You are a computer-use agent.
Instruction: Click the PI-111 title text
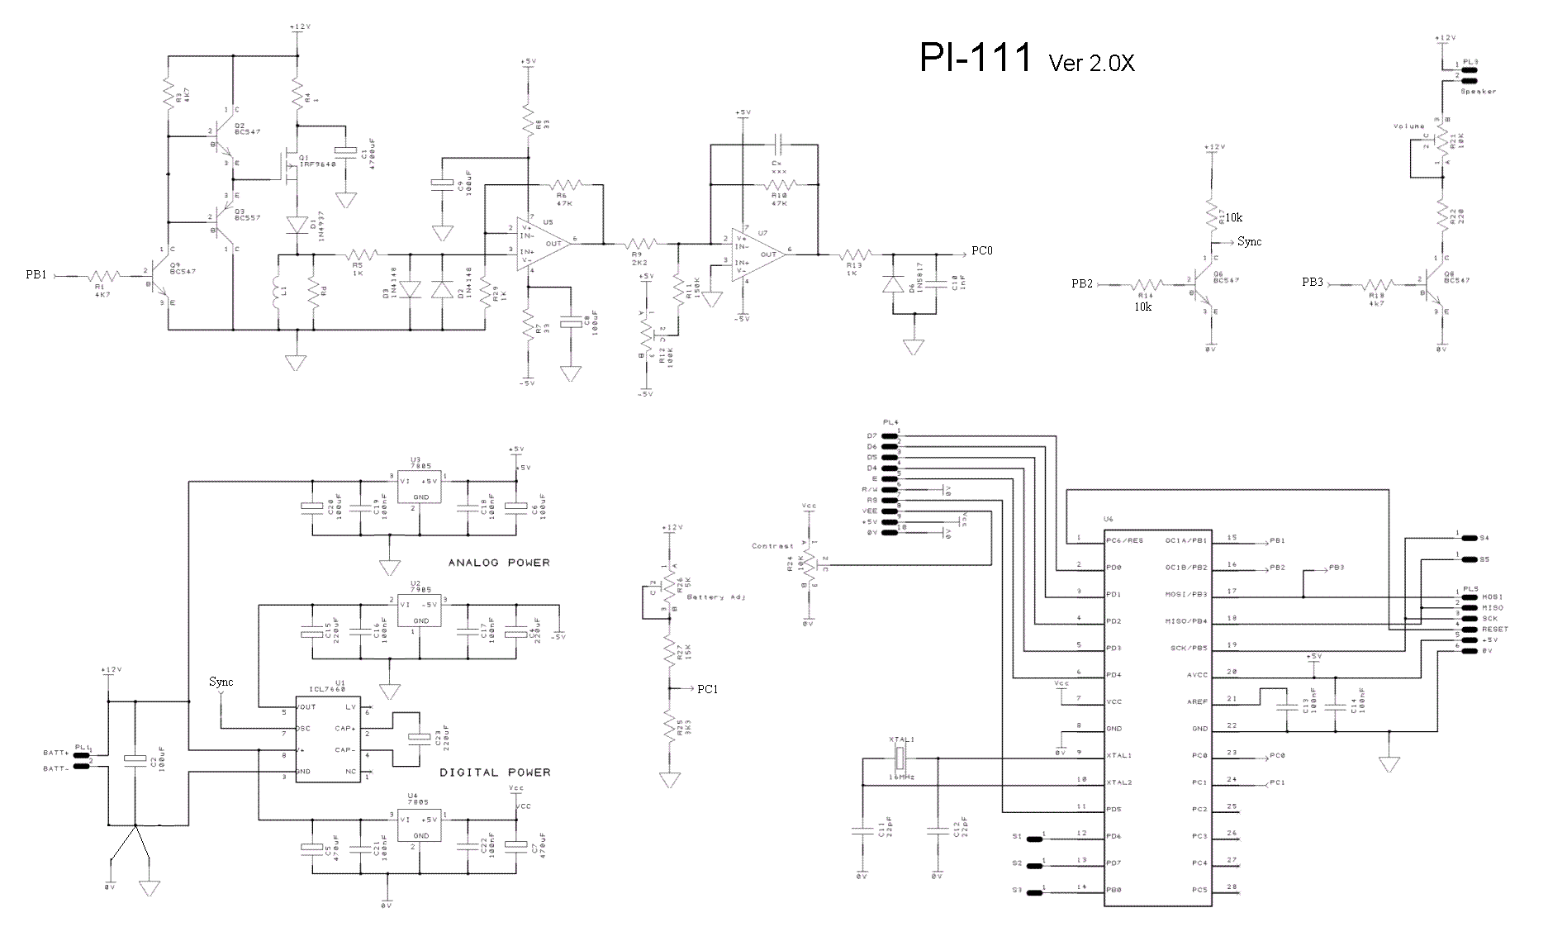point(976,58)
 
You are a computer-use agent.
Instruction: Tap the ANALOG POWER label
point(498,563)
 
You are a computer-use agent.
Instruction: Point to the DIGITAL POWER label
point(494,772)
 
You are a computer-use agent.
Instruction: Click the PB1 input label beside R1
point(36,276)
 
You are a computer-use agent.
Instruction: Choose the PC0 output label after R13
point(981,250)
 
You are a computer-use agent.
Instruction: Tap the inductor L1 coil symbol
point(278,297)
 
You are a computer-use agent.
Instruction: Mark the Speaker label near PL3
point(1478,92)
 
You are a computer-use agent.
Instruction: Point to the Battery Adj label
point(716,597)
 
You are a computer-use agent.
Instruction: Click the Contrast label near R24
point(772,546)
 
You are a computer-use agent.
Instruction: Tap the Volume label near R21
point(1408,126)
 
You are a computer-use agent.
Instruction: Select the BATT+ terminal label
point(56,753)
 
